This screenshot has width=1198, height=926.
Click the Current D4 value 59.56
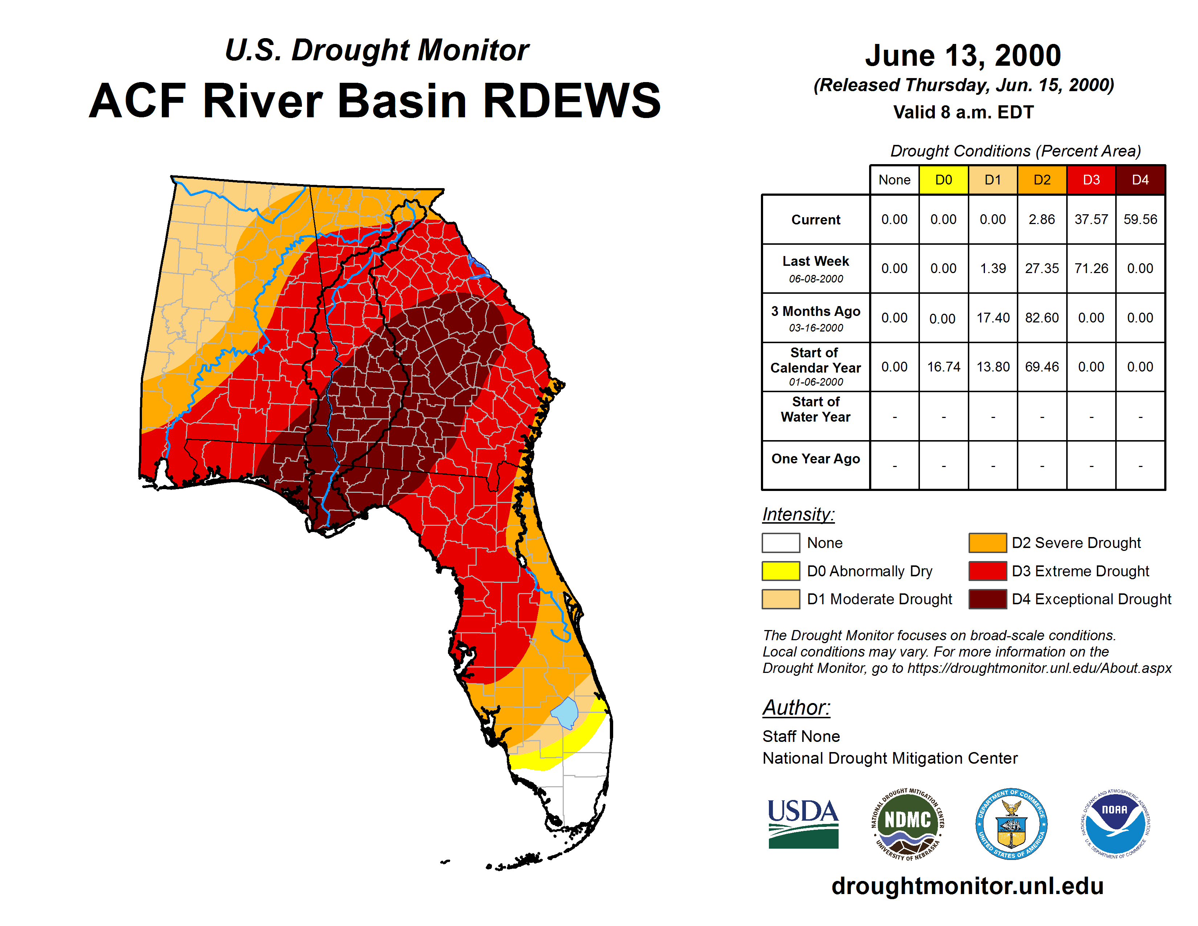(x=1140, y=219)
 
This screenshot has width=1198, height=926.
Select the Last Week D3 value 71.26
(x=1091, y=268)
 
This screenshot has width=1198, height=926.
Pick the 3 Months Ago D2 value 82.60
(x=1042, y=318)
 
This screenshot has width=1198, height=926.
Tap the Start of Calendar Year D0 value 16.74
(x=944, y=366)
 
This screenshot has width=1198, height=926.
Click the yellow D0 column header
(x=944, y=179)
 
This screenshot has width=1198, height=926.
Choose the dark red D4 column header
(x=1140, y=179)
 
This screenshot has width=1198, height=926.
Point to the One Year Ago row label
(x=816, y=459)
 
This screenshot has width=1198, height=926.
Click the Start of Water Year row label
(x=816, y=409)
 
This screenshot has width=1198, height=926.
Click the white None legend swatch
(x=781, y=543)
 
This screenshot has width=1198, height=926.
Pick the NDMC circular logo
(x=908, y=824)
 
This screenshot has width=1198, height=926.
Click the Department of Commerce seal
(x=1011, y=824)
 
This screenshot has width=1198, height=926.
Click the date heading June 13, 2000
(x=963, y=56)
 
